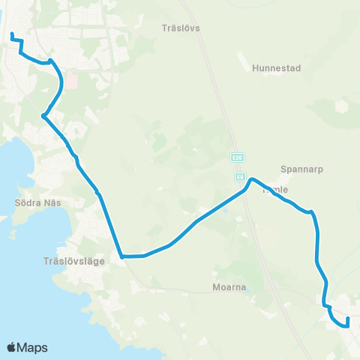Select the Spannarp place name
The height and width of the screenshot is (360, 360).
tap(301, 169)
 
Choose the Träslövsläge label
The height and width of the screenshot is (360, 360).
tap(69, 262)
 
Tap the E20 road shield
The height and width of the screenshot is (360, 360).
tap(238, 157)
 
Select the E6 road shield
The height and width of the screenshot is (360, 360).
tap(239, 177)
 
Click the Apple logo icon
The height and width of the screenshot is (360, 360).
tap(12, 346)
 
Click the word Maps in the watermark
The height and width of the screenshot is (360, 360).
tap(33, 347)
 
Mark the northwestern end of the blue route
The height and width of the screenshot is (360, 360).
tap(10, 34)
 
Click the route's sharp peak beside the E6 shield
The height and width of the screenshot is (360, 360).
tap(253, 179)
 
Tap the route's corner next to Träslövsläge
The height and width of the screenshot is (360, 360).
tap(121, 256)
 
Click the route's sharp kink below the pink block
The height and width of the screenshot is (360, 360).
tap(45, 115)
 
